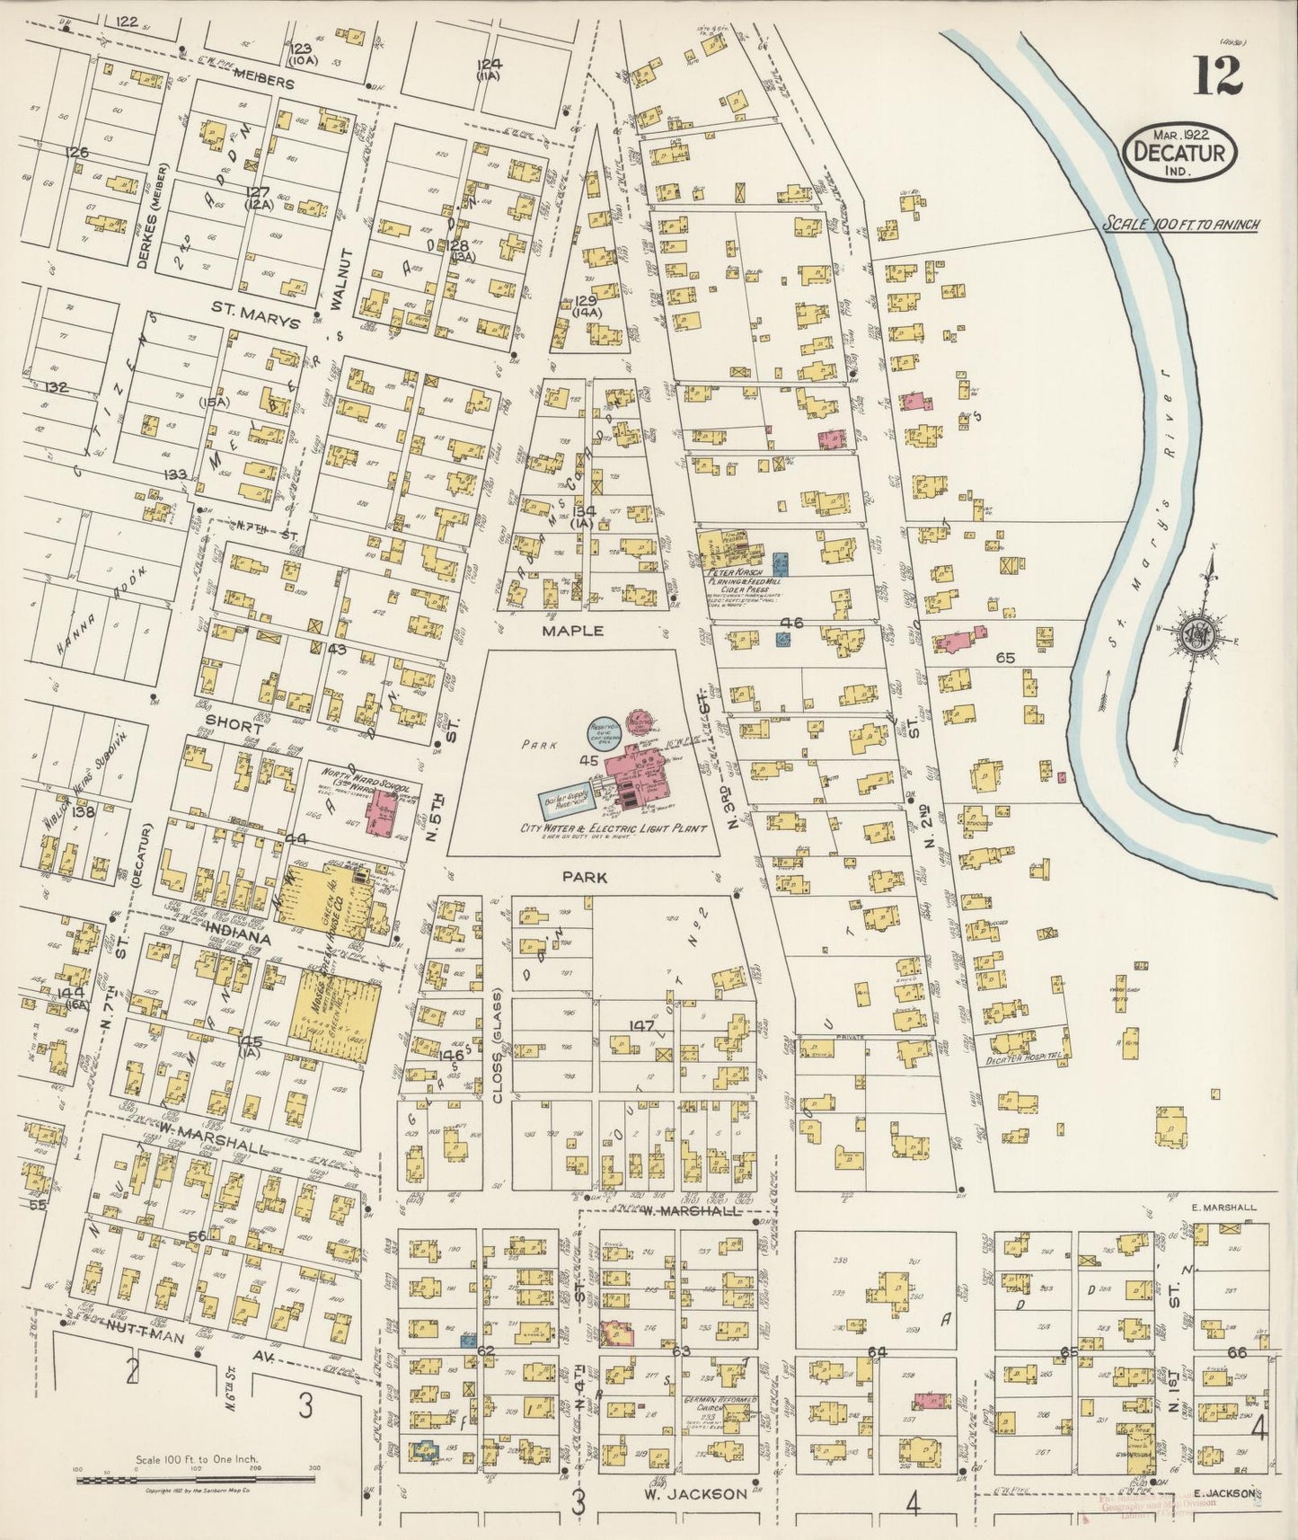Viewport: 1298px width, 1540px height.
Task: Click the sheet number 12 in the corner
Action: (1218, 73)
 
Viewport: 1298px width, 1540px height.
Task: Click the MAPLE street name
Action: (572, 632)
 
